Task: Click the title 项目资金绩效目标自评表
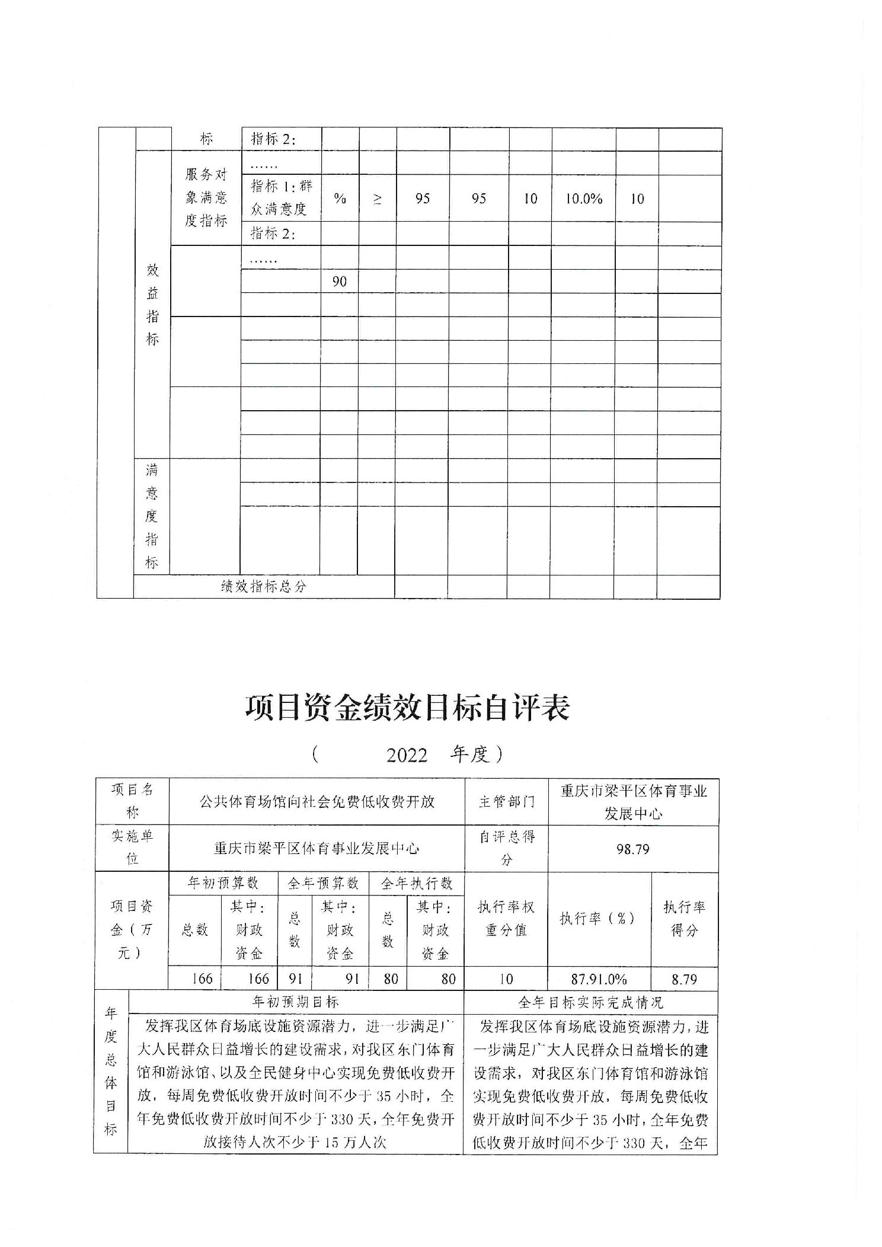click(408, 708)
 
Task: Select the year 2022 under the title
click(407, 755)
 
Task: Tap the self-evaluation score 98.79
click(632, 849)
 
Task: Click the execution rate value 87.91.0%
click(599, 979)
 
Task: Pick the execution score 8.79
click(684, 979)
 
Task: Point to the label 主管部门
click(506, 802)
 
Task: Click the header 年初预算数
click(223, 883)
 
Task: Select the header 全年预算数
click(323, 883)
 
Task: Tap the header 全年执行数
click(417, 883)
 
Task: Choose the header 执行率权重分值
click(506, 918)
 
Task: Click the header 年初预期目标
click(296, 1001)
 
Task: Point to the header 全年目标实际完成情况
click(590, 1002)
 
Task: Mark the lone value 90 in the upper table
click(339, 281)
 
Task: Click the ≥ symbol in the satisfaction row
click(378, 199)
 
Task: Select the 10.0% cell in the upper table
click(583, 199)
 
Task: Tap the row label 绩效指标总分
click(264, 586)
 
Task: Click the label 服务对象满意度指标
click(206, 198)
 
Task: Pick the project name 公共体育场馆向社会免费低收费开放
click(317, 802)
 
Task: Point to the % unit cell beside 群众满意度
click(340, 199)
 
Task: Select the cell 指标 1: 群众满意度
click(281, 198)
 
